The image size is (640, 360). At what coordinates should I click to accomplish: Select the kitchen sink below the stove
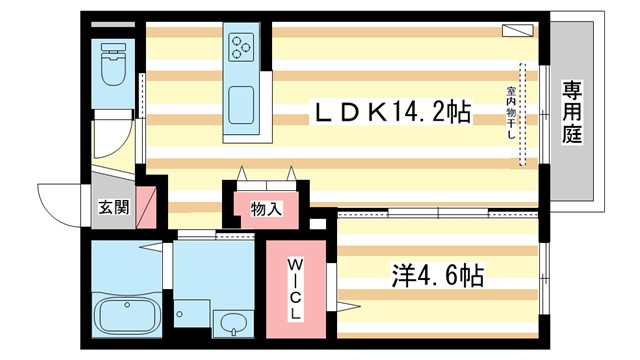click(242, 102)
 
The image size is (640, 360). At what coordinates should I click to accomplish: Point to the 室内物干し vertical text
click(509, 116)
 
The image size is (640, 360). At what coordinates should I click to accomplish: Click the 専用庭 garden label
click(572, 113)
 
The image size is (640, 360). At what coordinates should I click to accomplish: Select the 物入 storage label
click(266, 209)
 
